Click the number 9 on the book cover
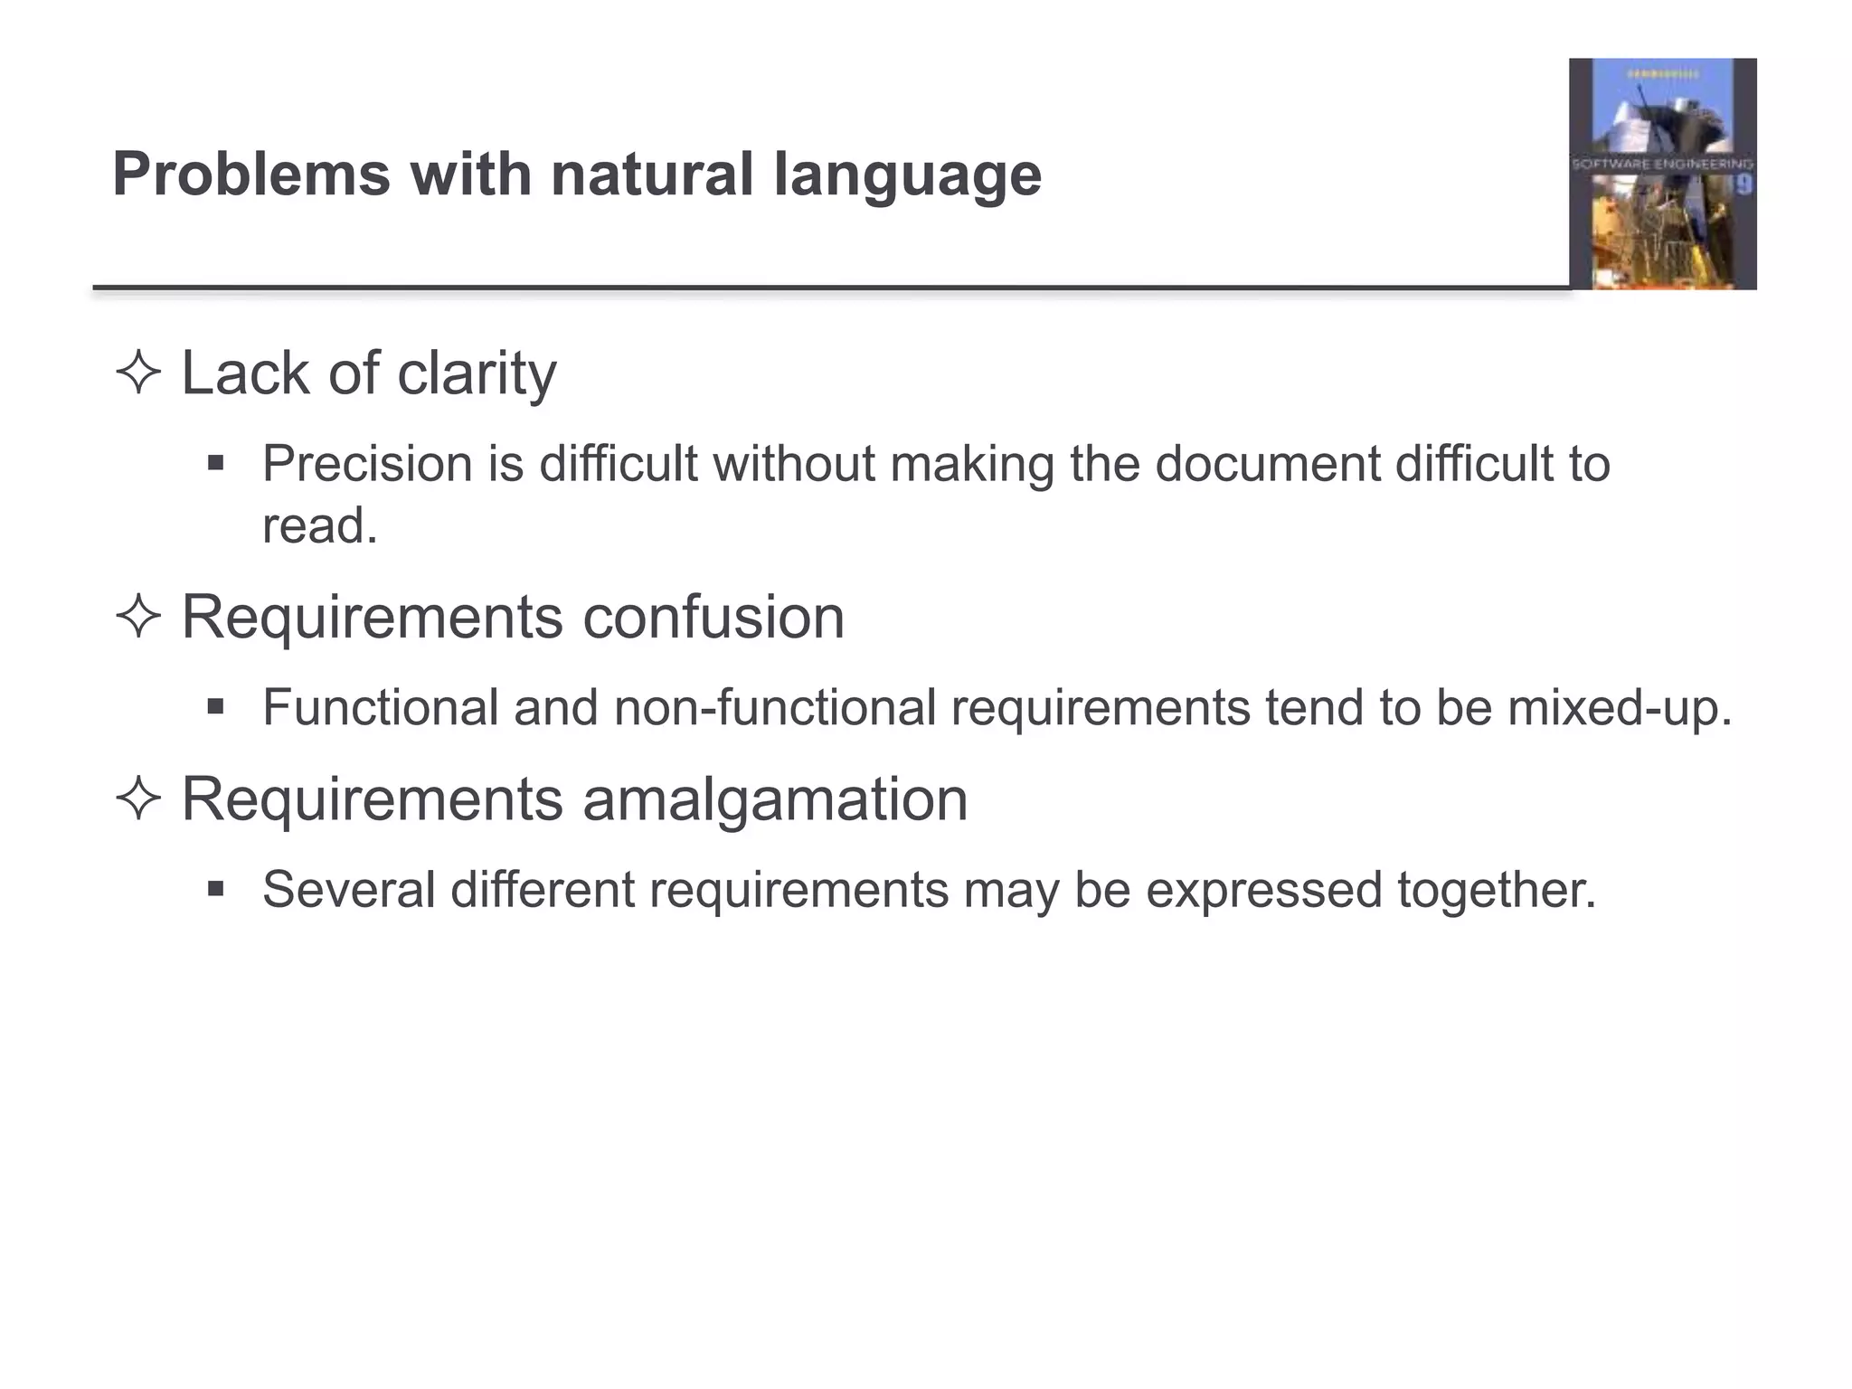1743,185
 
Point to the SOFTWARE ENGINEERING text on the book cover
1662,165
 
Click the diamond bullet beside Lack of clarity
138,373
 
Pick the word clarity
477,373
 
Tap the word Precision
367,464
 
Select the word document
1267,464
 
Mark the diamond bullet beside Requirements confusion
138,618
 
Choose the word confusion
713,618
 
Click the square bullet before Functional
215,706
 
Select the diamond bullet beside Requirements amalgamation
138,799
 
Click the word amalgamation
775,799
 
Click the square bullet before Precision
215,464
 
